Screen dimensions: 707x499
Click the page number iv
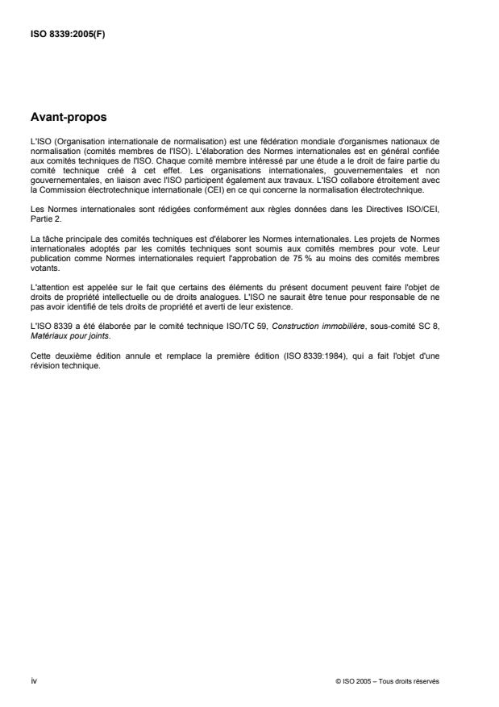point(33,680)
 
